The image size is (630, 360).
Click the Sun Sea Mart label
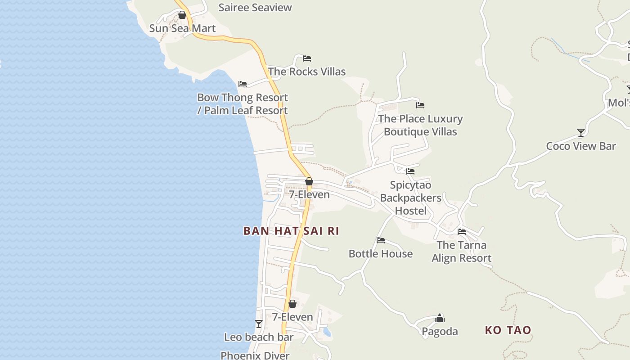(x=182, y=28)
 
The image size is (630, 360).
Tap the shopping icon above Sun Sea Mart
(x=182, y=15)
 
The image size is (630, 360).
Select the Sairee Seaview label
(x=255, y=7)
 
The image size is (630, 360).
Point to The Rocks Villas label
(x=307, y=72)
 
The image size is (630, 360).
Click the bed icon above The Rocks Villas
(x=307, y=58)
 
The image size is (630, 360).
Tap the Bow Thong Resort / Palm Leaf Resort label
(x=243, y=104)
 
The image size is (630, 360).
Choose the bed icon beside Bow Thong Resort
(x=243, y=84)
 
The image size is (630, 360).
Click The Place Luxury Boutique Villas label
(x=420, y=125)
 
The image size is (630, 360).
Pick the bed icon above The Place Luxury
(x=420, y=105)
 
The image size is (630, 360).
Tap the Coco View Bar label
(x=581, y=146)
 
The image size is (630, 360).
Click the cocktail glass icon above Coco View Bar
(x=581, y=133)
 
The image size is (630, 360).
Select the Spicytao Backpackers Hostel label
(x=410, y=198)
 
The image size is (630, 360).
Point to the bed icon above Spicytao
(x=410, y=171)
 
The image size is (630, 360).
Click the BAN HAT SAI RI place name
(x=291, y=231)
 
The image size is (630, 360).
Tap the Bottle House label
(x=381, y=254)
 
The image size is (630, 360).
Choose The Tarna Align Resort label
(x=462, y=252)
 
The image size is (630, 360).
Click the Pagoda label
(x=440, y=332)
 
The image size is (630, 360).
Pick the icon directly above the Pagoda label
(x=440, y=319)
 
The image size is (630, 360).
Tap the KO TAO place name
(x=508, y=330)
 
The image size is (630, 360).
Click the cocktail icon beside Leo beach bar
(x=259, y=324)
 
